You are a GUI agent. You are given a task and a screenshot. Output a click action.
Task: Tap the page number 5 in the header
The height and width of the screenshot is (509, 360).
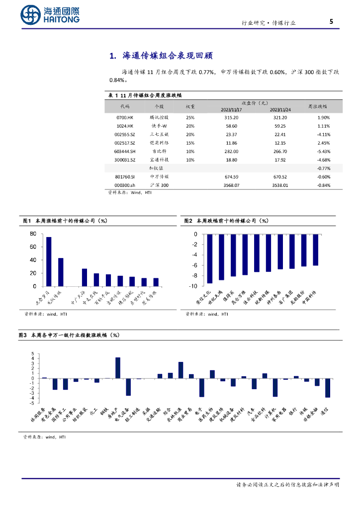331,22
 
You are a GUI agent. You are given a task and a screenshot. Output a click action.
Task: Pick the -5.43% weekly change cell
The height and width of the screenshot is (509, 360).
324,151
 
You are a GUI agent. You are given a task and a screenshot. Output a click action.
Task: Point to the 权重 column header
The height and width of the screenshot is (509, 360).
190,106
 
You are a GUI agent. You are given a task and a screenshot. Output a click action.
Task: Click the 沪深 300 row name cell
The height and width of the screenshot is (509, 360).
160,185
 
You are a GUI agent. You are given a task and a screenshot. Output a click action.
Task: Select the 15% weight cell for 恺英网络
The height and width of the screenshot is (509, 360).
190,143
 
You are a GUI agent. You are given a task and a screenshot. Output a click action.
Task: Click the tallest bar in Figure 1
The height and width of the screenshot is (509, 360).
49,261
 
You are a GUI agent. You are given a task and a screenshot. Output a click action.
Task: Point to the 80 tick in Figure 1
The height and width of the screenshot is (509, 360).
33,234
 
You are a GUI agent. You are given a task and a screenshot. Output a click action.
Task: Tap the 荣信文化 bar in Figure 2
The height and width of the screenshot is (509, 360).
210,258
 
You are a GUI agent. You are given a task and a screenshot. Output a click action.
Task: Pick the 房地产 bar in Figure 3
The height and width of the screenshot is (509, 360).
118,368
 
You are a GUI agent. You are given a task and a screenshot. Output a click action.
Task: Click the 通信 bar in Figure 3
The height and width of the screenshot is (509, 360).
328,388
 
